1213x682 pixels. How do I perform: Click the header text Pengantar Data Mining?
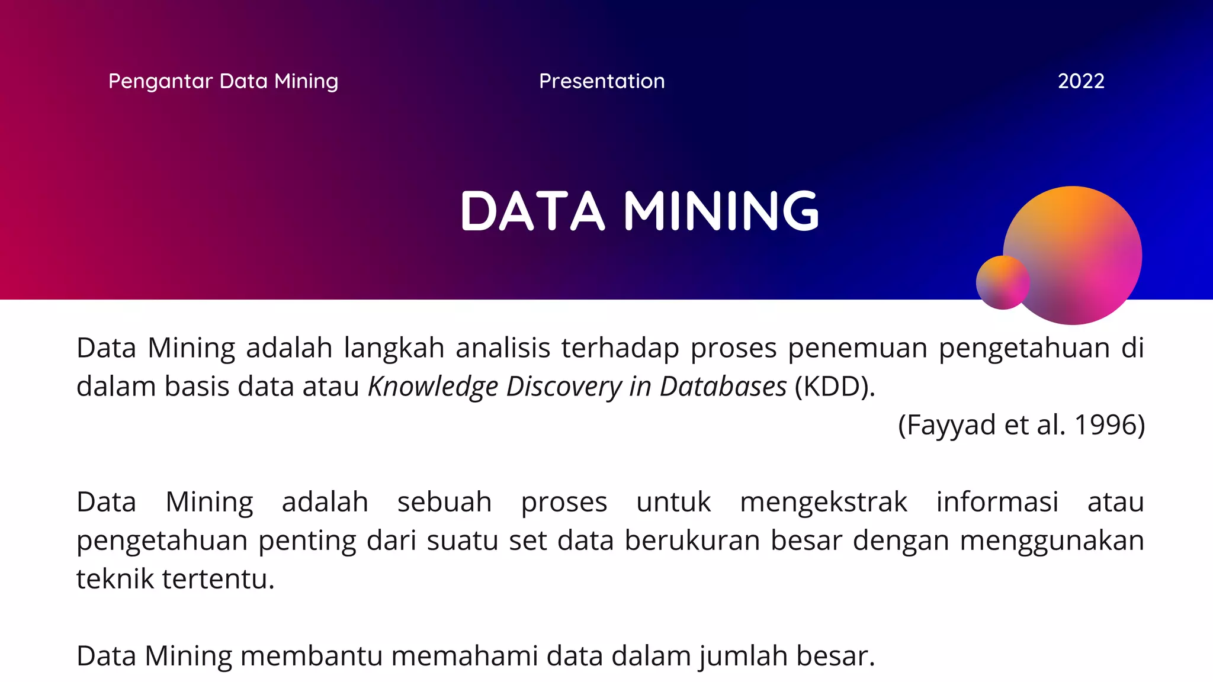[223, 81]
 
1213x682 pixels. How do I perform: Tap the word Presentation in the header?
[602, 81]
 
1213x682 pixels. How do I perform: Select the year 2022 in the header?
[1081, 81]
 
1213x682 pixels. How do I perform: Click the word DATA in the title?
[532, 211]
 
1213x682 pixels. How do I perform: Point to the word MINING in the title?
[721, 211]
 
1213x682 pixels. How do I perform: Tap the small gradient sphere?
[1002, 282]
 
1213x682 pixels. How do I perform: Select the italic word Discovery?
[564, 387]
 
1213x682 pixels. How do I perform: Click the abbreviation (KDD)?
[834, 387]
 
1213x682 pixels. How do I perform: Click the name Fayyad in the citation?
[951, 425]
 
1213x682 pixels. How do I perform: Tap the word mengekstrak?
[823, 502]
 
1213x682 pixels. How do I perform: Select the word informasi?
[997, 502]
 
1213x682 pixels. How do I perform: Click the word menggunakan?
[1052, 541]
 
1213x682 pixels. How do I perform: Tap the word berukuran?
[692, 541]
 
